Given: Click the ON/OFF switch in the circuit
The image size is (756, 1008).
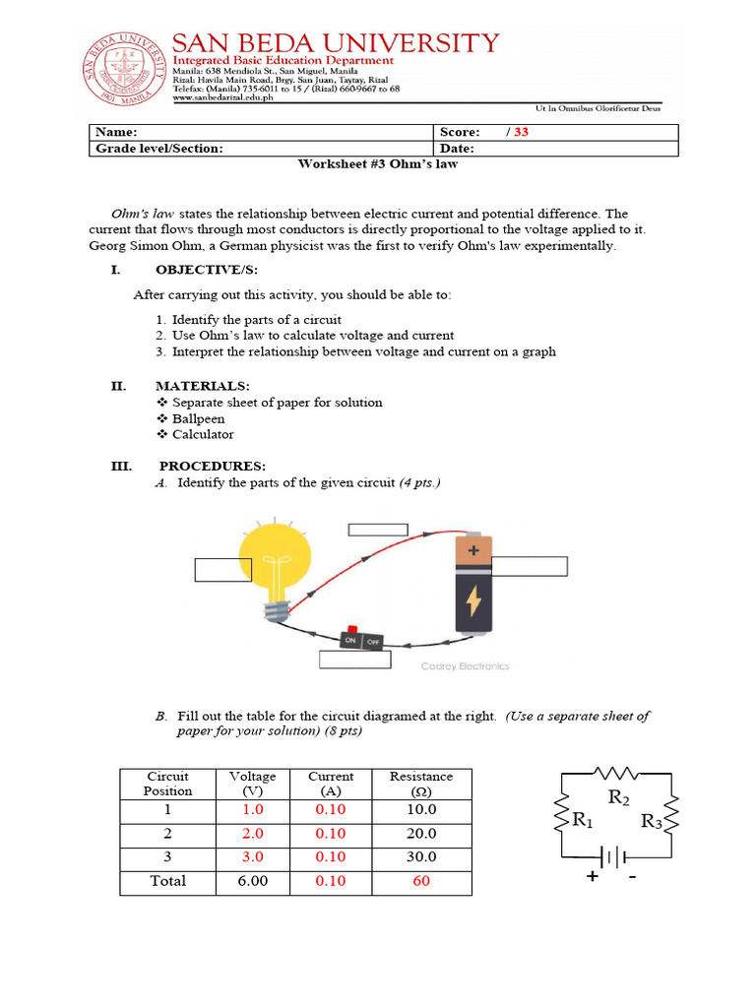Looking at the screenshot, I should [x=361, y=640].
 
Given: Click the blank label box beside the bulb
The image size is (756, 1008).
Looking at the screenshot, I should [x=223, y=570].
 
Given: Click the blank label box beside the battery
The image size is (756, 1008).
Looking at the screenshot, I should [x=529, y=565].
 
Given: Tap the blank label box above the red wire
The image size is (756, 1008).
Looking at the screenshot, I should [x=377, y=530].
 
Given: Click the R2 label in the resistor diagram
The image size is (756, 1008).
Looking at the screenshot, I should [x=619, y=797].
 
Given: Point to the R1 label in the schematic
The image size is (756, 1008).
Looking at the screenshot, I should [x=586, y=819].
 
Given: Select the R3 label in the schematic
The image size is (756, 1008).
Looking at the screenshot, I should [x=652, y=821].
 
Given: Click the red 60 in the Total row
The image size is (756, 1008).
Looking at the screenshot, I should [x=421, y=881].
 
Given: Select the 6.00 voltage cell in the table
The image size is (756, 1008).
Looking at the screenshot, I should [x=253, y=881].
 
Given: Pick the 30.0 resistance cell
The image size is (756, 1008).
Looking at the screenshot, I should [x=421, y=856].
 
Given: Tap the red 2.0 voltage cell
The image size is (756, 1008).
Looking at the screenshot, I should [x=253, y=833].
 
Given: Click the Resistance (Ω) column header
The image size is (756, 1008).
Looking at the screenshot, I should [x=421, y=784].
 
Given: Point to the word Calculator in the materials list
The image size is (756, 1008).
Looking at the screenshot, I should [x=203, y=434].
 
